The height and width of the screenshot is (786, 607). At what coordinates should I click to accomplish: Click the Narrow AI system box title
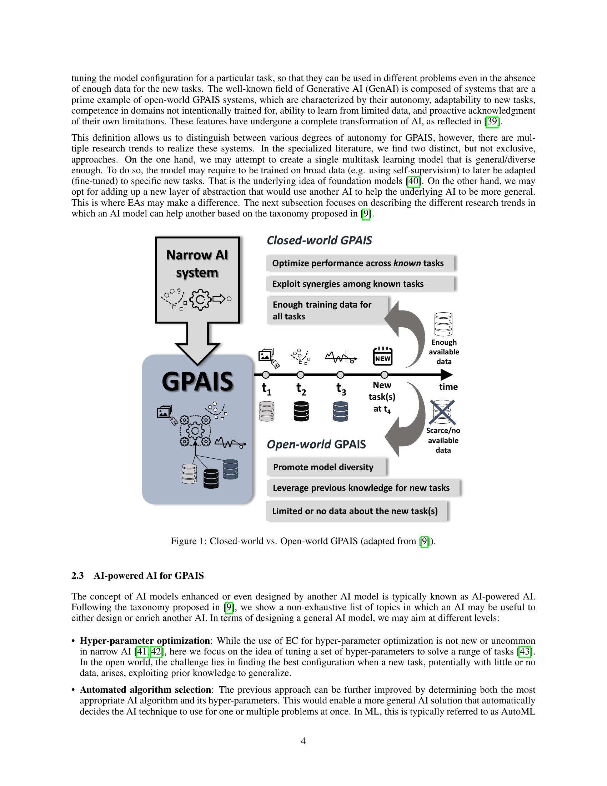coord(197,264)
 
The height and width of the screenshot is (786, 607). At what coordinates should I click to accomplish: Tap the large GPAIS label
coord(197,382)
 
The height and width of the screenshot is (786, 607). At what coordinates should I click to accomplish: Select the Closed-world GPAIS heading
coord(319,240)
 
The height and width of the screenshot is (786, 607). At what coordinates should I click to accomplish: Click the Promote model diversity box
coord(326,467)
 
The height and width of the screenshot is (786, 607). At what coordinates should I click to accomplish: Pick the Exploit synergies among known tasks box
coord(360,284)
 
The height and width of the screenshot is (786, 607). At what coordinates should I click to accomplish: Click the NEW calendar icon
coord(383,356)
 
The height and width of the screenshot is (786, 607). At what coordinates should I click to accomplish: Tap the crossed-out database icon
coord(443,412)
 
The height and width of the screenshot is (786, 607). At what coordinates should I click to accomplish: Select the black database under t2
coord(301,411)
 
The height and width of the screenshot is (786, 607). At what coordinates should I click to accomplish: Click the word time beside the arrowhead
coord(448,387)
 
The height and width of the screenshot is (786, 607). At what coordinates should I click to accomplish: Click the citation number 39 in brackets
coord(492,121)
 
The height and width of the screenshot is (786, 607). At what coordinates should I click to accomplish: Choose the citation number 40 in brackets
coord(413,181)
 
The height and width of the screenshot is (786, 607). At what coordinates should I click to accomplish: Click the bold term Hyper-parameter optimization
coord(145,641)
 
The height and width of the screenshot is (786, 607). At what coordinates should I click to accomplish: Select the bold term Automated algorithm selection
coord(145,690)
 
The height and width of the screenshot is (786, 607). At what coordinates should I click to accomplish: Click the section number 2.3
coord(77,576)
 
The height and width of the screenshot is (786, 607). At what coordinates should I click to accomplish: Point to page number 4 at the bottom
coord(303,741)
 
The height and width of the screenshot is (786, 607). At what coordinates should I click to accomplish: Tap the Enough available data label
coord(444,352)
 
